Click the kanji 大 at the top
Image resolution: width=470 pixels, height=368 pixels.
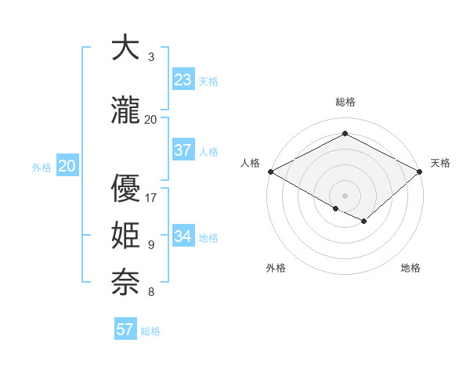point(125,48)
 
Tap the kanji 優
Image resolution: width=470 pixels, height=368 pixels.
point(125,189)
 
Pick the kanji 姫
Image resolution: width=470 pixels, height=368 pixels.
point(125,236)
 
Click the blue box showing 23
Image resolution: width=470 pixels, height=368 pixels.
point(183,80)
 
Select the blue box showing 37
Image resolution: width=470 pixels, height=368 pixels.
point(183,150)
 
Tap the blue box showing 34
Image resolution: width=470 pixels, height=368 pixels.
point(183,236)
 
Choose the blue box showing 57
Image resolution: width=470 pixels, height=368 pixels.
point(125,329)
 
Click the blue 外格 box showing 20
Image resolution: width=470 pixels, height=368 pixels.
point(67,166)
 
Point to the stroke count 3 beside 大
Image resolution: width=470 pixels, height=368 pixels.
point(151,57)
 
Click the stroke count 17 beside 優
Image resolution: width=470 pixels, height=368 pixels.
point(151,197)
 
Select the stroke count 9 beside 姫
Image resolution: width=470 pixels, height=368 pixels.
point(151,245)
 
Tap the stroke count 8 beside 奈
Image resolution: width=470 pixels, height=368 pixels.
point(151,292)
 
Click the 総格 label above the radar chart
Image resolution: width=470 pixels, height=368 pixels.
point(345,102)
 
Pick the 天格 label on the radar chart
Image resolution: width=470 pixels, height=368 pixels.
point(440,163)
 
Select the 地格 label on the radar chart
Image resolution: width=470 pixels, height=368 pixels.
point(410,268)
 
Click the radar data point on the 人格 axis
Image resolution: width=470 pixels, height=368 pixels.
point(270,171)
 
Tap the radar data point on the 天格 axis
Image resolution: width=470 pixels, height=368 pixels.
point(420,171)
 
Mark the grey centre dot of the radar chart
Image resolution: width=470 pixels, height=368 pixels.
point(345,195)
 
